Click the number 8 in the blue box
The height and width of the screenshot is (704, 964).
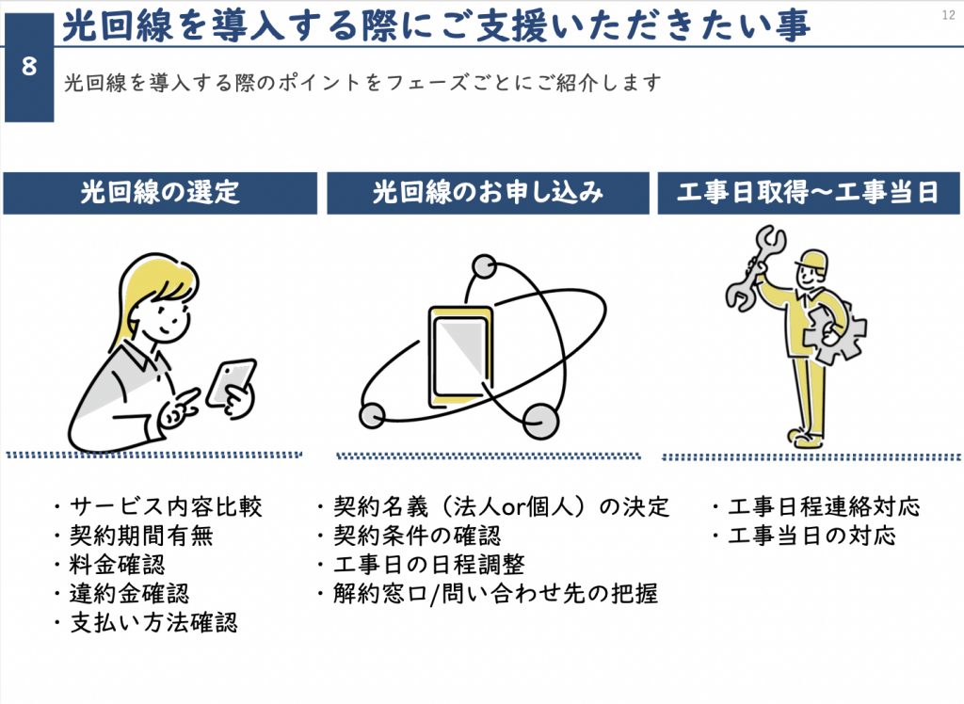coord(28,68)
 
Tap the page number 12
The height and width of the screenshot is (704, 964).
coord(947,13)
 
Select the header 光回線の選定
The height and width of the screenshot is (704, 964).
coord(160,193)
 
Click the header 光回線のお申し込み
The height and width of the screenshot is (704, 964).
coord(488,193)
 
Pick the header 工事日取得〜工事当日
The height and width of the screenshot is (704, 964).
coord(809,193)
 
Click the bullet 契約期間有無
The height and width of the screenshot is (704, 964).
coord(141,536)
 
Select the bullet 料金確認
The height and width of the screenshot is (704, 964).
coord(117,566)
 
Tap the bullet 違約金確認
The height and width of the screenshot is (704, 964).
coord(129,594)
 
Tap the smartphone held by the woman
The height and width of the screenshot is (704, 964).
coord(230,381)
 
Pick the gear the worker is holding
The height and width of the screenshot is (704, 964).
coord(839,334)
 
